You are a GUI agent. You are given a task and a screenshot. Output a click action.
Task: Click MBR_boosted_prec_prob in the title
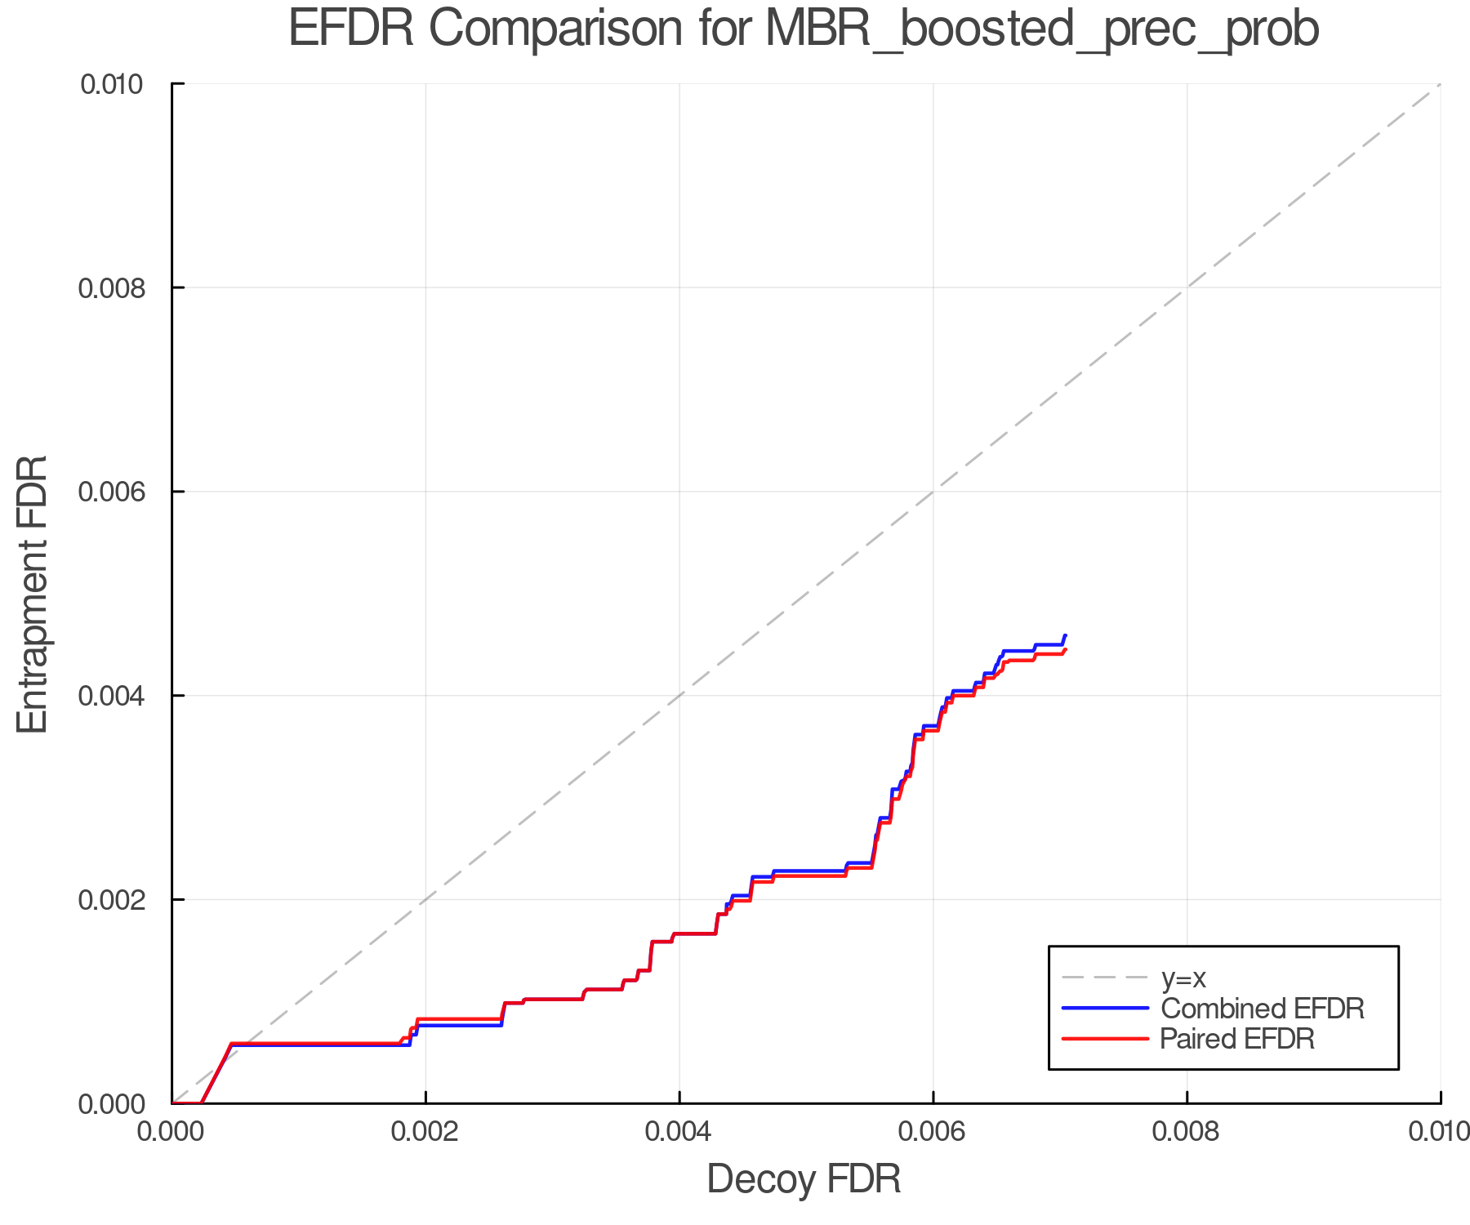pos(1042,30)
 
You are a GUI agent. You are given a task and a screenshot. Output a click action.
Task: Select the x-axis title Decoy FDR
pos(804,1179)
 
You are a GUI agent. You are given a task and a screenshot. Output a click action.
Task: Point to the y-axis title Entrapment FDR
pos(33,595)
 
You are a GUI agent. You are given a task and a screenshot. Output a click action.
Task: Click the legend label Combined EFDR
pos(1262,1009)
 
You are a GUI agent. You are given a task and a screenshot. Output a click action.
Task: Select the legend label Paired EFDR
pos(1237,1039)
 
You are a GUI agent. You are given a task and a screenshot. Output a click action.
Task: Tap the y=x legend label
pos(1183,978)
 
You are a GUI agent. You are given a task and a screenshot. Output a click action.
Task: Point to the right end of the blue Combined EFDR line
pos(1065,635)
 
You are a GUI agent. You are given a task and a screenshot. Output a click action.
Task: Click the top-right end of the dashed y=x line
pos(1439,85)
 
